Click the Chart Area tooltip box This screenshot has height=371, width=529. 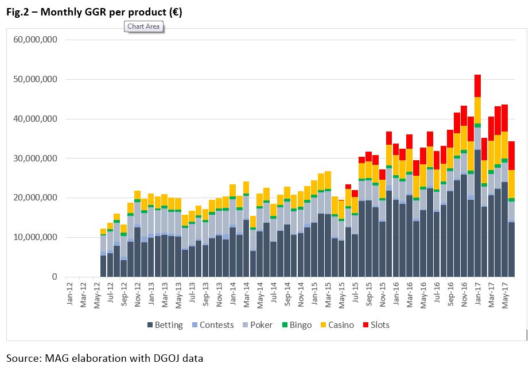143,26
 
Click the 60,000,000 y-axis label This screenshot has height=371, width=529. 36,40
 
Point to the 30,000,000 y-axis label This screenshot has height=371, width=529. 36,159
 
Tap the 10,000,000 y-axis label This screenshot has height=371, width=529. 36,237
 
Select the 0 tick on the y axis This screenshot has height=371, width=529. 55,277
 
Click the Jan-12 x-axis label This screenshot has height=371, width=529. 70,295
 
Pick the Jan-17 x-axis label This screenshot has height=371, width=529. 478,295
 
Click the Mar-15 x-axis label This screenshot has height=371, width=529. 328,295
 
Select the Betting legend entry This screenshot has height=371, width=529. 165,325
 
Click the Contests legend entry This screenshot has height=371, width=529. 212,325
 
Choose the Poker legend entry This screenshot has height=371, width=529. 256,325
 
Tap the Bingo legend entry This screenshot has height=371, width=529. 295,325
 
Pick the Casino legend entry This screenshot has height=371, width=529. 336,325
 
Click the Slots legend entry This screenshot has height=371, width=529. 375,325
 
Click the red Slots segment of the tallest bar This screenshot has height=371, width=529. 477,86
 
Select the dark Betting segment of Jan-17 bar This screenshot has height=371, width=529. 477,212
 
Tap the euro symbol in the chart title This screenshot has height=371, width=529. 174,11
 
